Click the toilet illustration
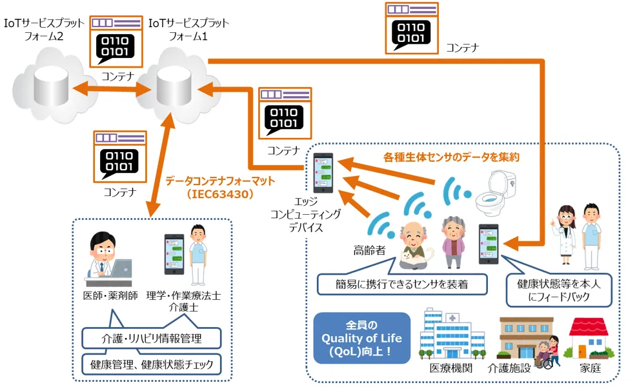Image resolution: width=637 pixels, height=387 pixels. coord(496,192)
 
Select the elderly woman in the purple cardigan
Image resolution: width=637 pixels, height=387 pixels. coord(453,242)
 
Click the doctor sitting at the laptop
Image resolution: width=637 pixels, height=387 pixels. coord(108,259)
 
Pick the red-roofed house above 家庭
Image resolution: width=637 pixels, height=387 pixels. coord(589,338)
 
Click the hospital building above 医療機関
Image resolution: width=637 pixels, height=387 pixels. coord(452,334)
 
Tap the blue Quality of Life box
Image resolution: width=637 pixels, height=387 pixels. coord(361,337)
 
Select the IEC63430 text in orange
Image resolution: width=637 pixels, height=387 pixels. coord(220,194)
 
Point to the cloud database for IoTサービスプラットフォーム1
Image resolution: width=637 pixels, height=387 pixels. coord(174,86)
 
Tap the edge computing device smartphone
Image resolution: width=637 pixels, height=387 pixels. coord(323,173)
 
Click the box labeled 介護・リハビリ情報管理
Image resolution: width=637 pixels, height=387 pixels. coord(152,338)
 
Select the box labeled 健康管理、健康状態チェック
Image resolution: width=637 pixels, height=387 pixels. coord(152,364)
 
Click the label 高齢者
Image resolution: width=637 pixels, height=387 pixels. coord(369,250)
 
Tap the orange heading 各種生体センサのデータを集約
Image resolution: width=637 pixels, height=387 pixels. coord(451,157)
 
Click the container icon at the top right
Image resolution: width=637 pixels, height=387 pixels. coord(412,28)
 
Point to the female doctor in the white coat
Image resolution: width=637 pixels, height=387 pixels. coord(565,235)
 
